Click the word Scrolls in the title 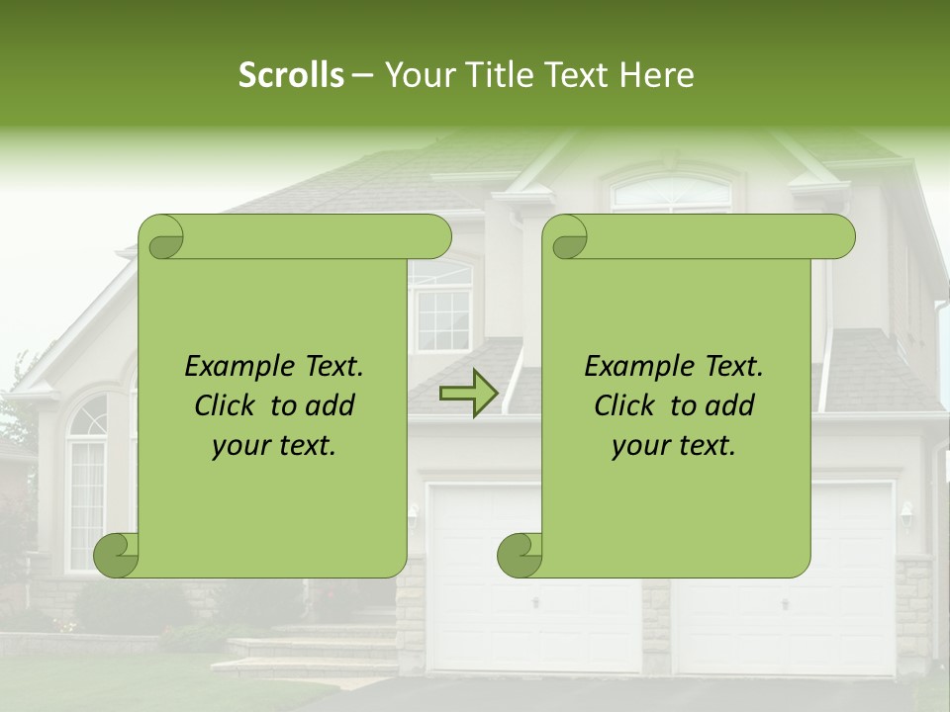291,75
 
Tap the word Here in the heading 656,75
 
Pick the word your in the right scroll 639,446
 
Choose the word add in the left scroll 332,405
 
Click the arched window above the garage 672,193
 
